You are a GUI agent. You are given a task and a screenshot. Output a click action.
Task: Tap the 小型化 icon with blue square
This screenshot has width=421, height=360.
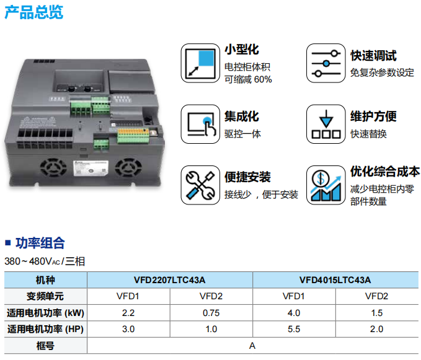point(200,63)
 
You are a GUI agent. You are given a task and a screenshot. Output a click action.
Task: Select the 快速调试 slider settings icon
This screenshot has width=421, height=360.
point(326,63)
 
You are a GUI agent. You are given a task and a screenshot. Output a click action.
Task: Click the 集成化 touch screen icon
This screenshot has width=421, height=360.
point(200,124)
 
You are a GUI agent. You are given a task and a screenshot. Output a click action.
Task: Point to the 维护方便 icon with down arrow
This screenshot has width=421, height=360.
point(326,124)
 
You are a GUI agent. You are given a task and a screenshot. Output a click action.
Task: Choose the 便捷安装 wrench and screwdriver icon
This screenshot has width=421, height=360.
point(200,185)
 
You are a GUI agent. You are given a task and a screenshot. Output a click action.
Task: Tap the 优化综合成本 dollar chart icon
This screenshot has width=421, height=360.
point(326,185)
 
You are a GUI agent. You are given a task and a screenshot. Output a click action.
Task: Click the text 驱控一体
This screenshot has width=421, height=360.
point(242,134)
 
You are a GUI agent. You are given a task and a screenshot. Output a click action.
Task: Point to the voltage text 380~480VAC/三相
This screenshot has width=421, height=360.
point(45,261)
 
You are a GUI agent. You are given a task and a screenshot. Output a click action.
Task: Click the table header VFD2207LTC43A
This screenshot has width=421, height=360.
point(169,279)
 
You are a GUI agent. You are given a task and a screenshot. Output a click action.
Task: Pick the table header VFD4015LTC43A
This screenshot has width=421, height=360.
point(335,279)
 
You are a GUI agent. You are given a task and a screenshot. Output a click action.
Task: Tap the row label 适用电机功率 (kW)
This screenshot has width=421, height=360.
point(45,312)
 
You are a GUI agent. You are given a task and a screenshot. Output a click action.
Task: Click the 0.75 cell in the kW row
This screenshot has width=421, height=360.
point(211,312)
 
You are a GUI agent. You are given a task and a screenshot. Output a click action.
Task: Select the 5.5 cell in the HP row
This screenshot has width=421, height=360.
point(293,329)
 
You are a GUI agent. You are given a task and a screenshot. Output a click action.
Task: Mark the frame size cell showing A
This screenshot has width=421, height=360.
point(252,346)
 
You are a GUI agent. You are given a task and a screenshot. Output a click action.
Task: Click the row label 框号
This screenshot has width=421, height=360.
point(45,346)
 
